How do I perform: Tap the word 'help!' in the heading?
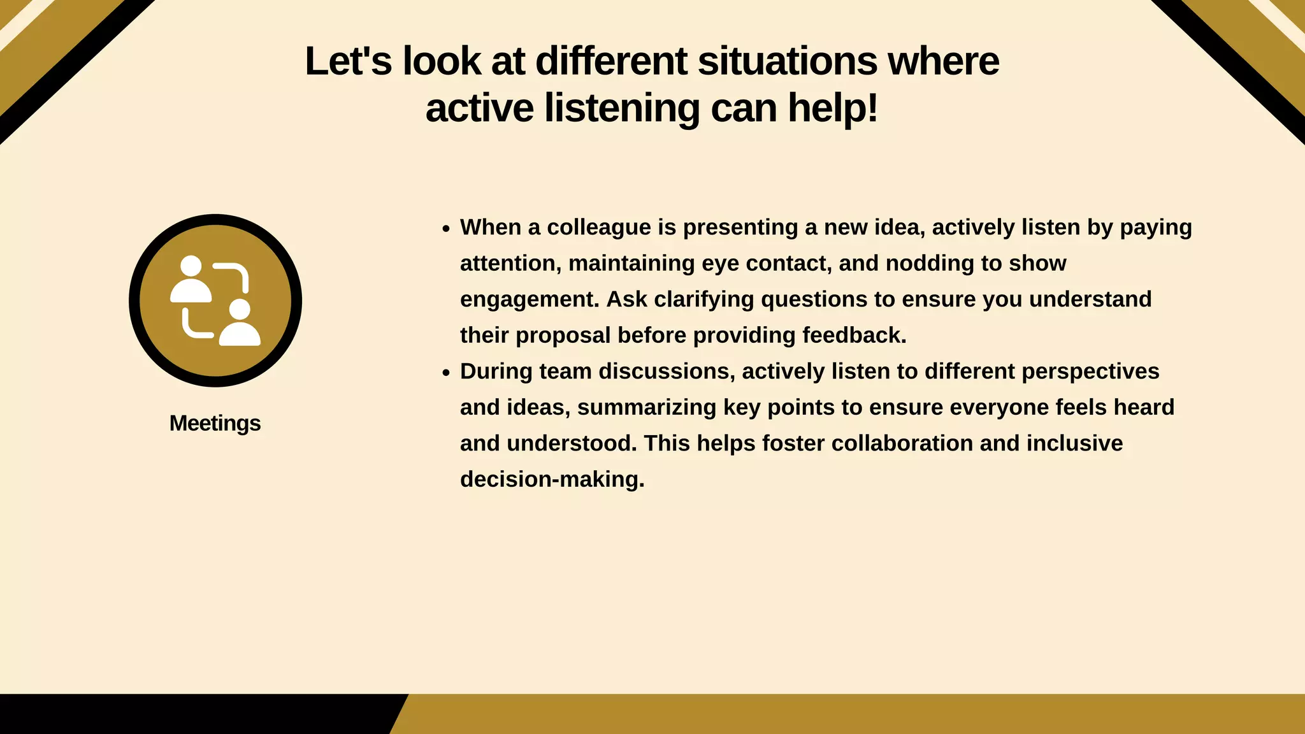click(833, 108)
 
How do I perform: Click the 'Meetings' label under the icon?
click(215, 423)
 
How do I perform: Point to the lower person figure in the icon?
click(240, 324)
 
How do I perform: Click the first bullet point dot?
click(446, 229)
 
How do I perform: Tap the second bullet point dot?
click(446, 373)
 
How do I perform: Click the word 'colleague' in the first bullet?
click(598, 227)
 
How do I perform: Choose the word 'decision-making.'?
click(552, 479)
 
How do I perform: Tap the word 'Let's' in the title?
click(348, 61)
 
